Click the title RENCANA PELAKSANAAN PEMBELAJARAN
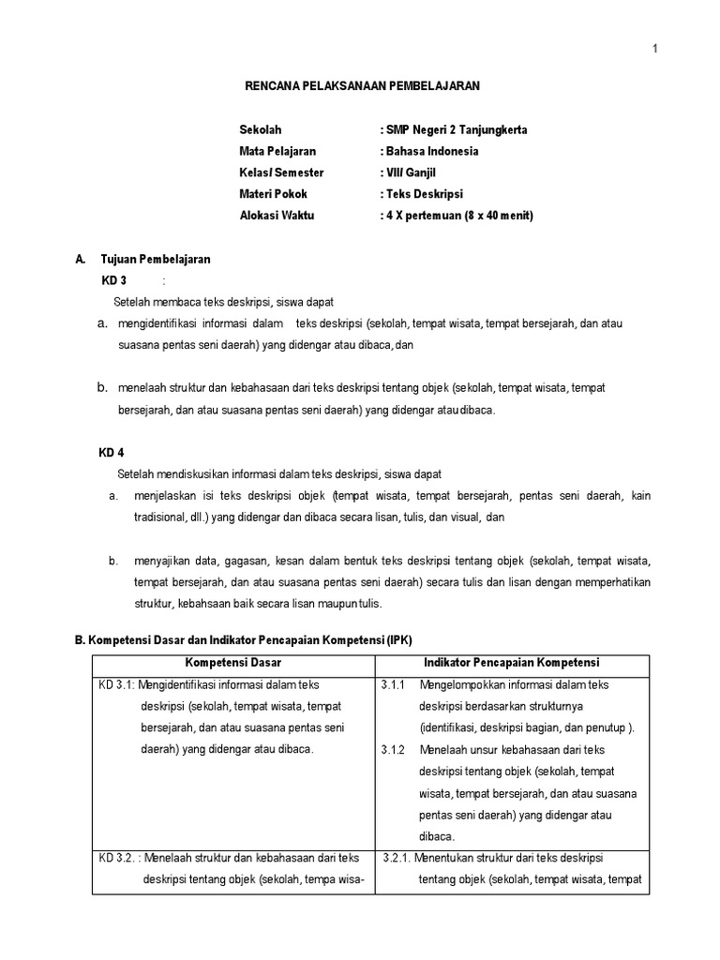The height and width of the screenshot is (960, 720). [x=362, y=85]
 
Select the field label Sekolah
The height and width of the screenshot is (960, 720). [x=260, y=129]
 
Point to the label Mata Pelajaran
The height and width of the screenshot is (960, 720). [x=277, y=151]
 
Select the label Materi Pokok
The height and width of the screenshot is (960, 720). [x=273, y=194]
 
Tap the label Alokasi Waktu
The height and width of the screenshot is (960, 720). [x=277, y=216]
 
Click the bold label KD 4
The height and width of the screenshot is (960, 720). [x=112, y=453]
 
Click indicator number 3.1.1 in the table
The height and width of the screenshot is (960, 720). [x=393, y=685]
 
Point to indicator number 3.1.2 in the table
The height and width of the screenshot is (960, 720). [x=393, y=750]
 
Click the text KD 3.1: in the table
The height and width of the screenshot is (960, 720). [x=116, y=685]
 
